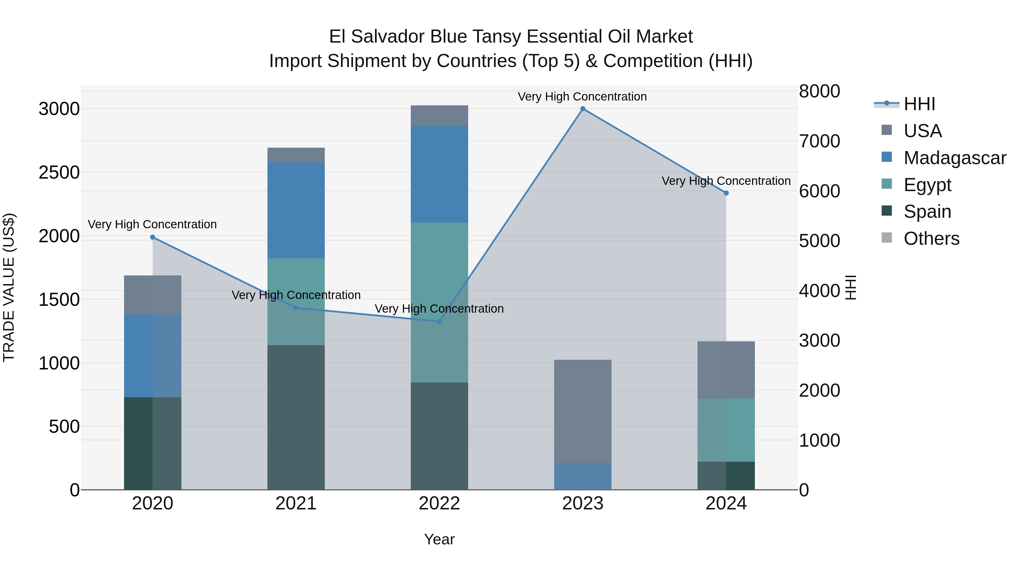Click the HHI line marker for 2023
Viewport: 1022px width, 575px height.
pyautogui.click(x=583, y=109)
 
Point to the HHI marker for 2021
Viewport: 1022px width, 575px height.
pyautogui.click(x=296, y=308)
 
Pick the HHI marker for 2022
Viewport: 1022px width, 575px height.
pyautogui.click(x=439, y=321)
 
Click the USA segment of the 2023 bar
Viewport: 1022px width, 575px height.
pyautogui.click(x=583, y=411)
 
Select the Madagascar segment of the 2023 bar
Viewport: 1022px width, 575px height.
pyautogui.click(x=583, y=476)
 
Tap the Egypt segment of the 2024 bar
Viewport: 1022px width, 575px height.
pyautogui.click(x=726, y=430)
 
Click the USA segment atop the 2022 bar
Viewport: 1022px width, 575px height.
pyautogui.click(x=439, y=116)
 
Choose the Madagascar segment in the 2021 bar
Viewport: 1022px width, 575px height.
pyautogui.click(x=296, y=210)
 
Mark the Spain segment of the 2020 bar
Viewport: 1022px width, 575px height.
pyautogui.click(x=153, y=443)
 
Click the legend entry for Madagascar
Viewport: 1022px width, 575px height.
pyautogui.click(x=954, y=158)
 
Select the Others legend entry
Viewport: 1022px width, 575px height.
pyautogui.click(x=931, y=239)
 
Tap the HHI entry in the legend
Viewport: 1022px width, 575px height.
pyautogui.click(x=919, y=104)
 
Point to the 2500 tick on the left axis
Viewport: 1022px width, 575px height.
pyautogui.click(x=59, y=173)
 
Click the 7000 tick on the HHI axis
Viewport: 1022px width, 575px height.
pyautogui.click(x=819, y=141)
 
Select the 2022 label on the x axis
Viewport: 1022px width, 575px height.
pyautogui.click(x=439, y=503)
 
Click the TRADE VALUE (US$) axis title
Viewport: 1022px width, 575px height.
pyautogui.click(x=9, y=287)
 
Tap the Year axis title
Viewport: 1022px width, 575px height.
pyautogui.click(x=439, y=539)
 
